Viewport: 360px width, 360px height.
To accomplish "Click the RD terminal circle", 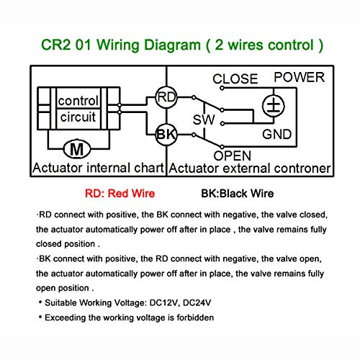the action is coord(166,97).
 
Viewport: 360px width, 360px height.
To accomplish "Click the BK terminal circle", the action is coord(166,135).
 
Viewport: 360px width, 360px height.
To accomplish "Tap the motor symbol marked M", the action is coord(77,149).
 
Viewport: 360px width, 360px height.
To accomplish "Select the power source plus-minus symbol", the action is coord(274,106).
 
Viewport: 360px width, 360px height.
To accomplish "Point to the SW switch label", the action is coord(204,120).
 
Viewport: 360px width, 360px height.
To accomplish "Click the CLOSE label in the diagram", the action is coord(235,78).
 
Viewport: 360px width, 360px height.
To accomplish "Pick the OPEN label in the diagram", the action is coord(233,156).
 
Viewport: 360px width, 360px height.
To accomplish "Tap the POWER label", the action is coord(299,77).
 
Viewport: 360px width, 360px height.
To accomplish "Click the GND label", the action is coord(277,134).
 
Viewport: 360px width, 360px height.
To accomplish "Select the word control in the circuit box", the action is coord(78,101).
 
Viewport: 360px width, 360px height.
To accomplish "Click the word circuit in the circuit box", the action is coord(78,117).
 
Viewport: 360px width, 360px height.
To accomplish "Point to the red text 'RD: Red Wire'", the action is coord(120,194).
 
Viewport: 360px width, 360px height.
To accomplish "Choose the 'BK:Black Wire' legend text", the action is coord(238,194).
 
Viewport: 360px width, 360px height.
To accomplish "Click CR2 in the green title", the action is coord(56,45).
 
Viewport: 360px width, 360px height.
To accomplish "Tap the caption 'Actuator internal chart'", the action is coord(98,168).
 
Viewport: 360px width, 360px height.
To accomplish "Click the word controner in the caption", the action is coord(302,168).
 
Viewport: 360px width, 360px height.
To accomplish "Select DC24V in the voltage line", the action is coord(197,302).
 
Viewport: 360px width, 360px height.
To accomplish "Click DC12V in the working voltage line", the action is coord(163,302).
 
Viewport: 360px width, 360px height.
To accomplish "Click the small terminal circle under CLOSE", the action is coord(222,89).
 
